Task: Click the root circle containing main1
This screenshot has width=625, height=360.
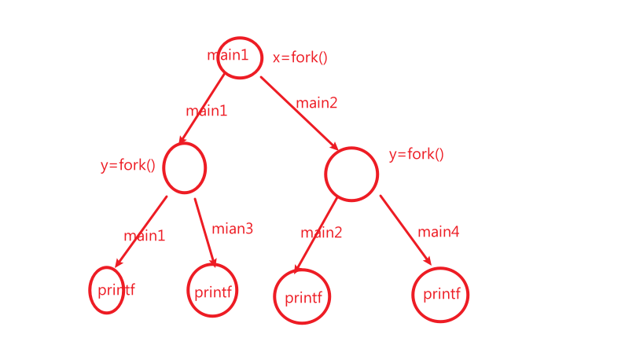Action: (x=239, y=58)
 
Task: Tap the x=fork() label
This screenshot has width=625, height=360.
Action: (x=300, y=57)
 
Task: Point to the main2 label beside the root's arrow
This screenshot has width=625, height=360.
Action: (x=317, y=102)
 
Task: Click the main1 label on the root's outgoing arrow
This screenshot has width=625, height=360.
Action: (x=206, y=111)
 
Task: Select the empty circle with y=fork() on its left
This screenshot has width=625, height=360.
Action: (x=185, y=167)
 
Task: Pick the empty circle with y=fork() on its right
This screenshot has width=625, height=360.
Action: (x=351, y=173)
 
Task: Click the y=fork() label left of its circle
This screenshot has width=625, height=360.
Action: (x=128, y=166)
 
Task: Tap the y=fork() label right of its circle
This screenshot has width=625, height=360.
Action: (x=417, y=154)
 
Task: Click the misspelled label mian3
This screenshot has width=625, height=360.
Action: (x=232, y=229)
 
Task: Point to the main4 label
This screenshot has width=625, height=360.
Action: (x=439, y=231)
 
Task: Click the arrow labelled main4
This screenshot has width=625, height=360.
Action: (x=406, y=230)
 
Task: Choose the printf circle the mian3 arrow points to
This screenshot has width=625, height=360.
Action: (x=212, y=291)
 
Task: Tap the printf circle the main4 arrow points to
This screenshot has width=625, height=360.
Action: (x=441, y=295)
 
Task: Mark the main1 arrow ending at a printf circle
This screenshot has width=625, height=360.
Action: (x=142, y=231)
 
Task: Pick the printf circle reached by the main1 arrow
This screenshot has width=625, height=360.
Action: (x=107, y=289)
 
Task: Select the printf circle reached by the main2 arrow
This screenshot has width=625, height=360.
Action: (x=302, y=297)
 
